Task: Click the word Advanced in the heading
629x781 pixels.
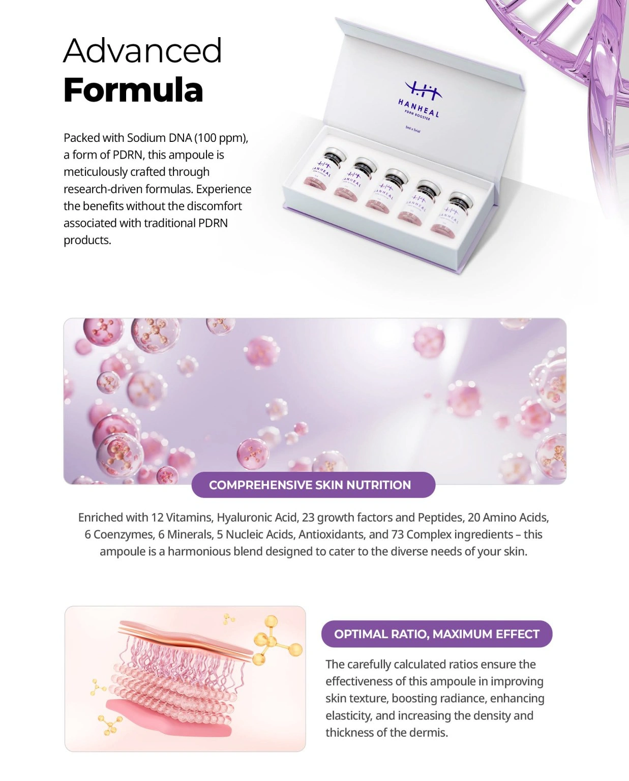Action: coord(142,51)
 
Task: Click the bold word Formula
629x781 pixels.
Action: coord(133,90)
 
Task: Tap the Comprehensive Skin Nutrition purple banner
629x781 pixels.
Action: coord(313,485)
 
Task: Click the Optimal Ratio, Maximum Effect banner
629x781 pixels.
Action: coord(436,634)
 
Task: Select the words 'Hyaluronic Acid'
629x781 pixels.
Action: coord(257,518)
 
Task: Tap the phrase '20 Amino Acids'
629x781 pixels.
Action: coord(507,518)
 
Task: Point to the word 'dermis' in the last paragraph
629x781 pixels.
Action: coord(430,733)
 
